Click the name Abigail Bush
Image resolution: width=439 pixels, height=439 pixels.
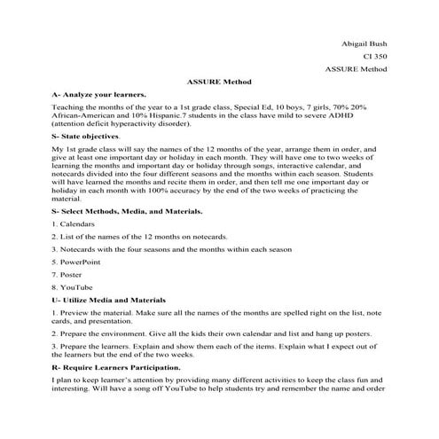365,42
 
